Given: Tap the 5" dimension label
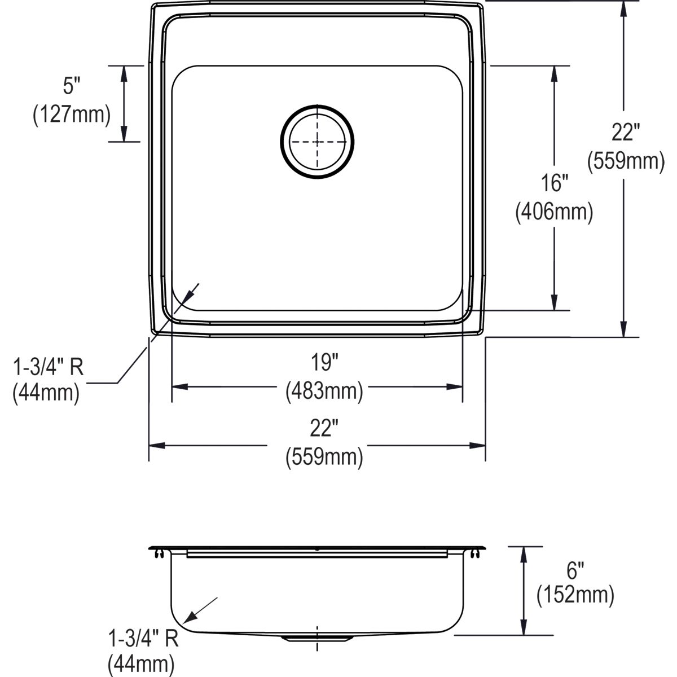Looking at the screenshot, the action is pos(72,86).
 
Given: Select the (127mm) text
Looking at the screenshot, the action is pos(72,115).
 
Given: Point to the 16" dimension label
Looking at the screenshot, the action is pos(555,183).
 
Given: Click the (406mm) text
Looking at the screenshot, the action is pos(555,212).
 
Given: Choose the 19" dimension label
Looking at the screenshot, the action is pos(324,362).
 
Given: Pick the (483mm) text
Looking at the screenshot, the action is pos(324,391).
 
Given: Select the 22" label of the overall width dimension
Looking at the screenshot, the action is pos(324,428).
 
